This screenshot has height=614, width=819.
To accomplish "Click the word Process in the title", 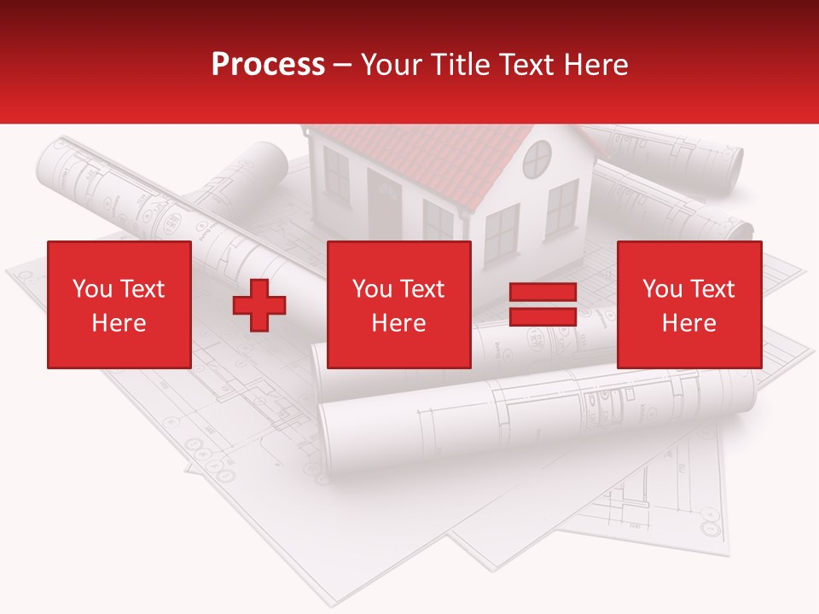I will click(268, 65).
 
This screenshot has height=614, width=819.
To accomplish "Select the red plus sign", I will click(259, 304).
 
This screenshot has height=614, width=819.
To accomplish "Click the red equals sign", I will click(543, 304).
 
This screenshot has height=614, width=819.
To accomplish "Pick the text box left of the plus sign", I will click(119, 304).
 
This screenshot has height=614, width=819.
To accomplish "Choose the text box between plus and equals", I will click(399, 304).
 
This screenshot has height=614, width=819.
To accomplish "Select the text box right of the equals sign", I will click(689, 304).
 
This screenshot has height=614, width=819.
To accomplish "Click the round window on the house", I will click(537, 159).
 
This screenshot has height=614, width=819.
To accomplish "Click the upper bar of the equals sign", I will click(543, 293).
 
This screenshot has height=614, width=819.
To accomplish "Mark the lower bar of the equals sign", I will click(543, 316).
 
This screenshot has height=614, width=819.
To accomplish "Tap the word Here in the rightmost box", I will click(689, 323).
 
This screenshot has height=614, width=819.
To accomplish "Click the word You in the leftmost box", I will click(91, 289).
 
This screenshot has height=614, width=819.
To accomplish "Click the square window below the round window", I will click(561, 208).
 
